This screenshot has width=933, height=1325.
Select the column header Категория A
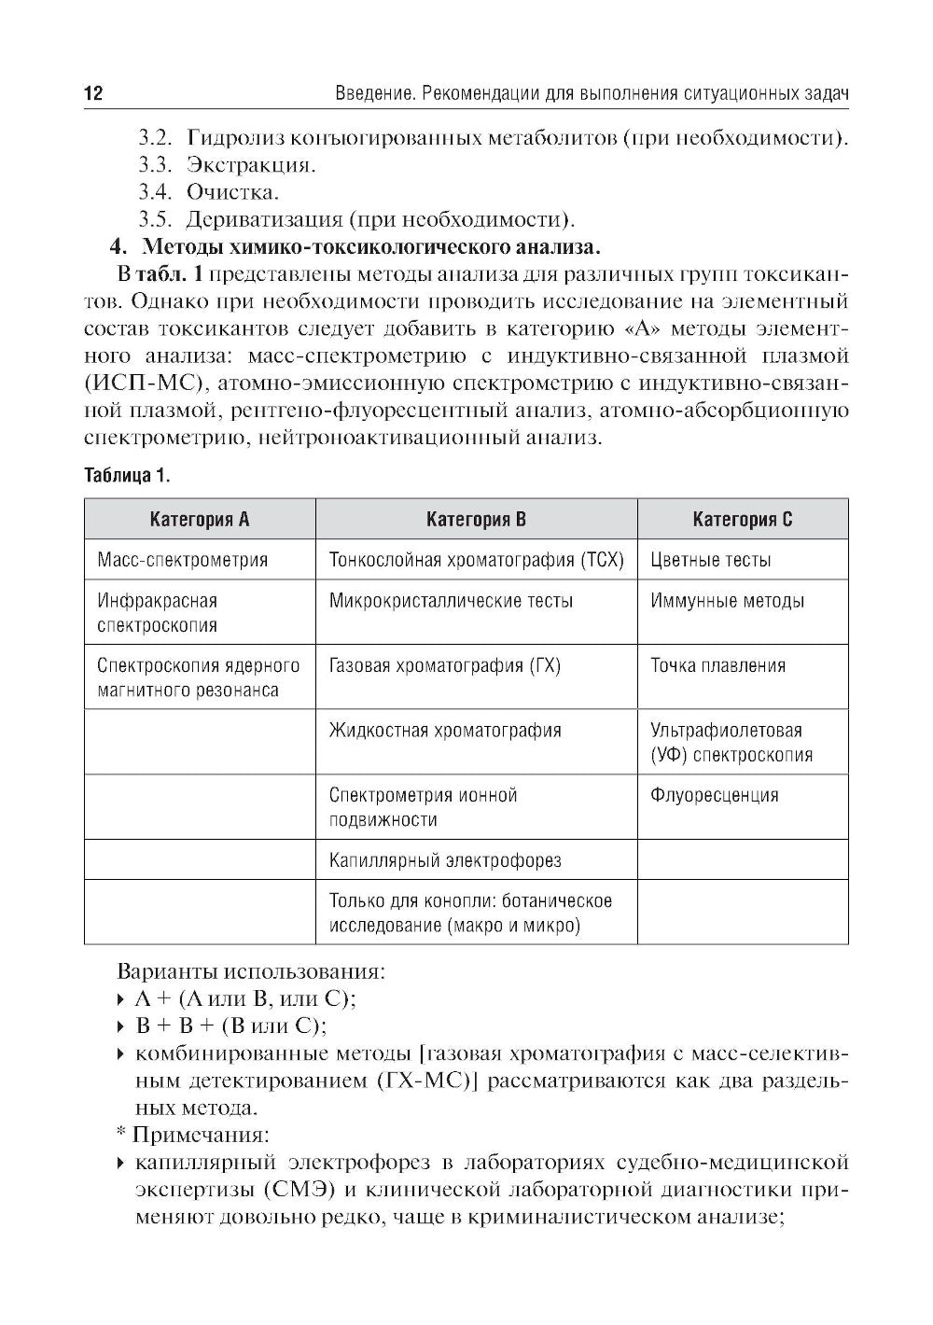[x=200, y=520]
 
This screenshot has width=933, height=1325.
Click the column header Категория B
[x=476, y=520]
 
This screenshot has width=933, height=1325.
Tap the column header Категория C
[x=743, y=520]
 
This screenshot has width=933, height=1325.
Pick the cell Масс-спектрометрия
[x=183, y=560]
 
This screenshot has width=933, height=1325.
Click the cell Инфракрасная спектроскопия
[x=158, y=612]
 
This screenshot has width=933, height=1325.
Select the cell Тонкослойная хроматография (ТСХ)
[x=476, y=560]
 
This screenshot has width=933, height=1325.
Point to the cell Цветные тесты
[x=710, y=560]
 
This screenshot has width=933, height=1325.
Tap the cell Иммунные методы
[x=727, y=601]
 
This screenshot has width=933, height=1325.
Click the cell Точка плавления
[x=717, y=665]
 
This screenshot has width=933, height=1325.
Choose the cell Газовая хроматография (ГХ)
[x=444, y=665]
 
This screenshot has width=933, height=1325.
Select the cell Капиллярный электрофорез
[x=445, y=860]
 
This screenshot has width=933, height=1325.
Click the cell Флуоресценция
[x=714, y=795]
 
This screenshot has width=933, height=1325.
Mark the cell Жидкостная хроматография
[x=445, y=730]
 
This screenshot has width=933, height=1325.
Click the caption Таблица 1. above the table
[x=126, y=476]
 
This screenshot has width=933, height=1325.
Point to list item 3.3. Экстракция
[x=227, y=165]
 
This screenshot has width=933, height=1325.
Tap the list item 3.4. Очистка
[x=208, y=192]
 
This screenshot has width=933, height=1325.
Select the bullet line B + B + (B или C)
[x=230, y=1026]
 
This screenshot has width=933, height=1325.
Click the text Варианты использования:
[x=250, y=971]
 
